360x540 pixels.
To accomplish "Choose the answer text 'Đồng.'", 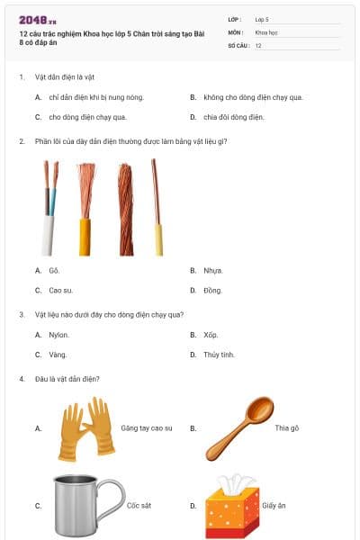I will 212,290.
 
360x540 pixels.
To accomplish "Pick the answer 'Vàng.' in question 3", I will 58,355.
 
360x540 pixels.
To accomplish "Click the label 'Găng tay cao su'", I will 147,428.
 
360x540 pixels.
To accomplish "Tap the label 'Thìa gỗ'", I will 287,428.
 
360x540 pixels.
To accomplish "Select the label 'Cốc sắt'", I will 139,506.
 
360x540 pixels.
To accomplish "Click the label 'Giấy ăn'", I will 274,506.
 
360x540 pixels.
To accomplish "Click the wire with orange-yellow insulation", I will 85,209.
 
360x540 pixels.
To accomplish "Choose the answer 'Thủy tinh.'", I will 219,355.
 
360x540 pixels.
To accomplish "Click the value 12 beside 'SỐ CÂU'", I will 259,44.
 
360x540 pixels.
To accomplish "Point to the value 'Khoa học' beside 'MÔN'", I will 266,31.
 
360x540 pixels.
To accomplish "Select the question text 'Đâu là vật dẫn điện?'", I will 67,379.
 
